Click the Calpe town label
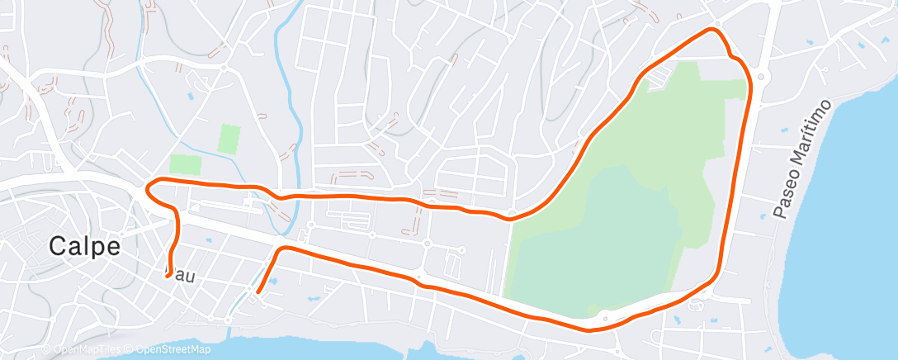85,246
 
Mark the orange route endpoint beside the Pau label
168,276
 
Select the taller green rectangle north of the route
229,138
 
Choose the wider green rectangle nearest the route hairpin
185,163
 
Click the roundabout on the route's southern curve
606,317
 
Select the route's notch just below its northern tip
731,55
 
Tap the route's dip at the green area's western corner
511,218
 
